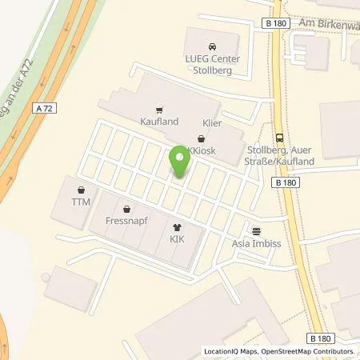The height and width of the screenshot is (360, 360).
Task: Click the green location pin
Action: [x=179, y=163]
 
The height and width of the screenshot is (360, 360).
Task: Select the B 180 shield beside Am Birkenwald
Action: [x=275, y=25]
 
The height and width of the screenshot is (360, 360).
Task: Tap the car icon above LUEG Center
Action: [x=211, y=46]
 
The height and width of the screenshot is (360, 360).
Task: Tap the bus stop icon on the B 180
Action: [x=278, y=137]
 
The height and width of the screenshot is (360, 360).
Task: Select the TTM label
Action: [x=81, y=202]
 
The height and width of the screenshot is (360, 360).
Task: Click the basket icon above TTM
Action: [x=81, y=190]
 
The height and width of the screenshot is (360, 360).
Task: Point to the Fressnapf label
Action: [x=123, y=218]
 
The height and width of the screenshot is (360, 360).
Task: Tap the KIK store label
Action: [x=177, y=238]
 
